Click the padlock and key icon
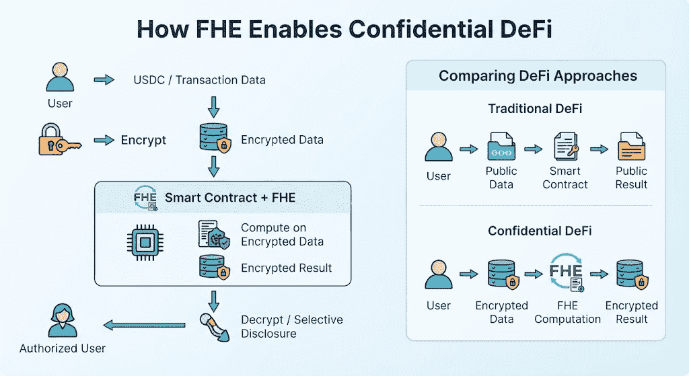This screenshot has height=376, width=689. pyautogui.click(x=60, y=140)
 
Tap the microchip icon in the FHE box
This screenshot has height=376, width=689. pyautogui.click(x=145, y=242)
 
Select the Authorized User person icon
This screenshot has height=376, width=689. pyautogui.click(x=63, y=320)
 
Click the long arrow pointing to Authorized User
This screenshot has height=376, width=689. pyautogui.click(x=144, y=326)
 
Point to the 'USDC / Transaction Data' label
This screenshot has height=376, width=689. pyautogui.click(x=199, y=80)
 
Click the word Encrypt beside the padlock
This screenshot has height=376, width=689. pyautogui.click(x=143, y=140)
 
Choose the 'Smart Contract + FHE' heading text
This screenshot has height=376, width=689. pyautogui.click(x=230, y=198)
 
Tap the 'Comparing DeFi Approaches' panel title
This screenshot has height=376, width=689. pyautogui.click(x=538, y=76)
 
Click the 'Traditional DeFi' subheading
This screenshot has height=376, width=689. pyautogui.click(x=535, y=108)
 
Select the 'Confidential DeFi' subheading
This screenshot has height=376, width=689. pyautogui.click(x=540, y=231)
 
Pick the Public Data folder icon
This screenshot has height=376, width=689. pyautogui.click(x=501, y=146)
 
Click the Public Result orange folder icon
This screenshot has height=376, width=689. pyautogui.click(x=631, y=146)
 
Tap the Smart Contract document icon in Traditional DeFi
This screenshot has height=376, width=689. pyautogui.click(x=566, y=146)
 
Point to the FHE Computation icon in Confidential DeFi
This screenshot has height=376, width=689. pyautogui.click(x=567, y=272)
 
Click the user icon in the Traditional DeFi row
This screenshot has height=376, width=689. pyautogui.click(x=439, y=147)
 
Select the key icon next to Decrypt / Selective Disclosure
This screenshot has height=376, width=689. pyautogui.click(x=215, y=327)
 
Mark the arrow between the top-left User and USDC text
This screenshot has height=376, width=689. pyautogui.click(x=104, y=79)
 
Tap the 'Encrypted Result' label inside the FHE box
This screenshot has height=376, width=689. pyautogui.click(x=286, y=268)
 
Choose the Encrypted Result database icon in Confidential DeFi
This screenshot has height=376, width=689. pyautogui.click(x=632, y=274)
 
